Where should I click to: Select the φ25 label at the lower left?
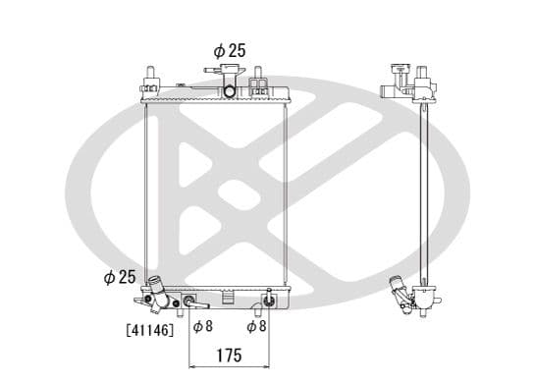point(119,278)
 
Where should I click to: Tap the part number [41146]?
point(149,330)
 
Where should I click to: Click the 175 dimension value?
point(228,357)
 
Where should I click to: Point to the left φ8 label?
point(202,326)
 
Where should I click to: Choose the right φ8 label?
point(257,326)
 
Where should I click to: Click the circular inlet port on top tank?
point(229,92)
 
